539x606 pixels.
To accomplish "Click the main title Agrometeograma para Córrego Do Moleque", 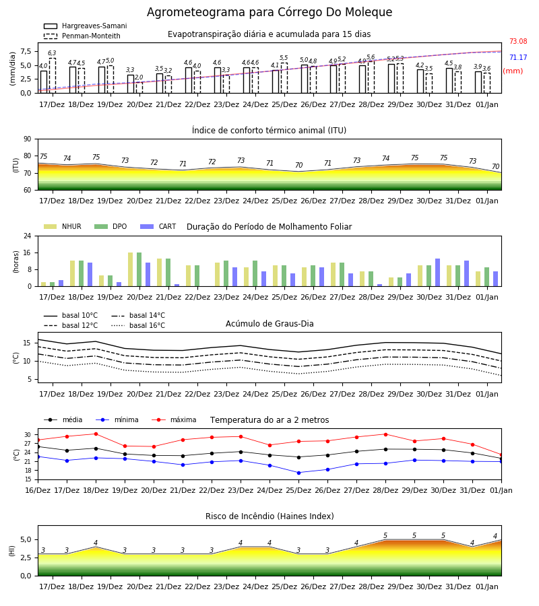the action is pyautogui.click(x=269, y=12).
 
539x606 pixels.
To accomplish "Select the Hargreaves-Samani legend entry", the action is pyautogui.click(x=85, y=26).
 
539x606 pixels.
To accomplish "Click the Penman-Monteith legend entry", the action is pyautogui.click(x=82, y=36).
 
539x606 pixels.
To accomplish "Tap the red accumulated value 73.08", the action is pyautogui.click(x=518, y=41).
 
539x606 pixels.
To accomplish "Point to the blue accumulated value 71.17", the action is pyautogui.click(x=518, y=58).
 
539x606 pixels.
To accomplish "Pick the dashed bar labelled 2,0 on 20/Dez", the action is pyautogui.click(x=139, y=88).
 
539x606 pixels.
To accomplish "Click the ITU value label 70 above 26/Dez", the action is pyautogui.click(x=299, y=165).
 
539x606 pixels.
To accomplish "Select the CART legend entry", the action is pyautogui.click(x=158, y=226).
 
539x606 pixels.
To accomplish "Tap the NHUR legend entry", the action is pyautogui.click(x=63, y=226).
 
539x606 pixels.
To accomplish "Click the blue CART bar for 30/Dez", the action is pyautogui.click(x=438, y=273).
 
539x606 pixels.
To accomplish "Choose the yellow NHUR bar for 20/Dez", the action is pyautogui.click(x=130, y=269).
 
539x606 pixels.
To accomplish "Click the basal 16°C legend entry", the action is pyautogui.click(x=138, y=325).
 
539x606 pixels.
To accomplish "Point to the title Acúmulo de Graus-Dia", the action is pyautogui.click(x=269, y=324).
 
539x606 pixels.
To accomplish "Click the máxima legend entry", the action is pyautogui.click(x=174, y=419).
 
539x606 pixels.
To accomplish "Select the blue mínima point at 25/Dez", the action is pyautogui.click(x=299, y=473).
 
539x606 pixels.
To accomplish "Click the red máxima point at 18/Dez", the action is pyautogui.click(x=96, y=434).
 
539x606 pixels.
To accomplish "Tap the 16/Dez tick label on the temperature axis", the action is pyautogui.click(x=38, y=490).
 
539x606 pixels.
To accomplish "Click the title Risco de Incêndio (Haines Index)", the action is pyautogui.click(x=269, y=516).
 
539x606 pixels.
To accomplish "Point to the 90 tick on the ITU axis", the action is pyautogui.click(x=27, y=139).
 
